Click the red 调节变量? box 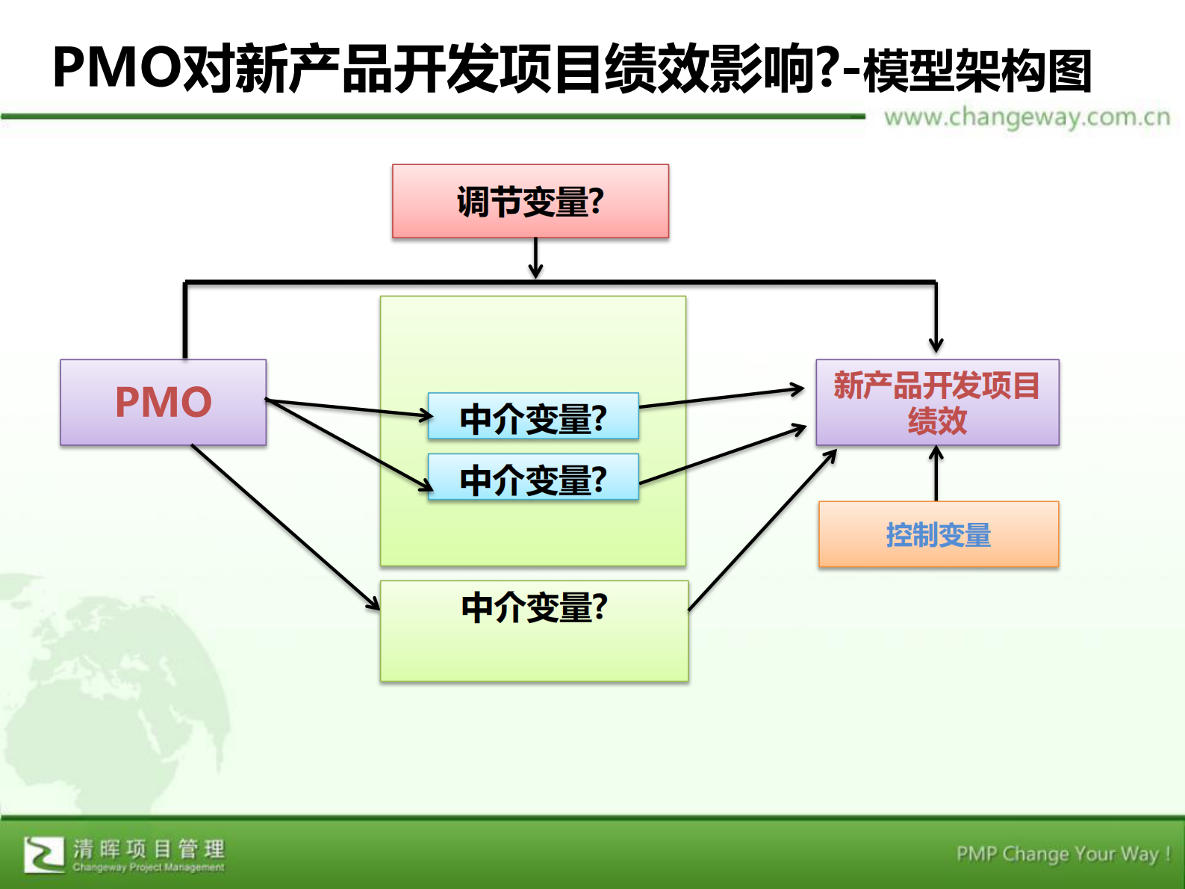pyautogui.click(x=530, y=202)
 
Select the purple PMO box pyautogui.click(x=163, y=402)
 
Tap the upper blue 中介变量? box pyautogui.click(x=533, y=417)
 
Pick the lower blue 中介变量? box pyautogui.click(x=533, y=477)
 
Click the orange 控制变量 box pyautogui.click(x=938, y=534)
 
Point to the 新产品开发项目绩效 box pyautogui.click(x=937, y=403)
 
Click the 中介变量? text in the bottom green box pyautogui.click(x=535, y=607)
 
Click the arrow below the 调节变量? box pyautogui.click(x=535, y=258)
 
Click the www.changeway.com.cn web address pyautogui.click(x=1027, y=117)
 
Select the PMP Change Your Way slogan pyautogui.click(x=1063, y=853)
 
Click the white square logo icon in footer pyautogui.click(x=43, y=854)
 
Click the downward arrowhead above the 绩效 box pyautogui.click(x=936, y=345)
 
